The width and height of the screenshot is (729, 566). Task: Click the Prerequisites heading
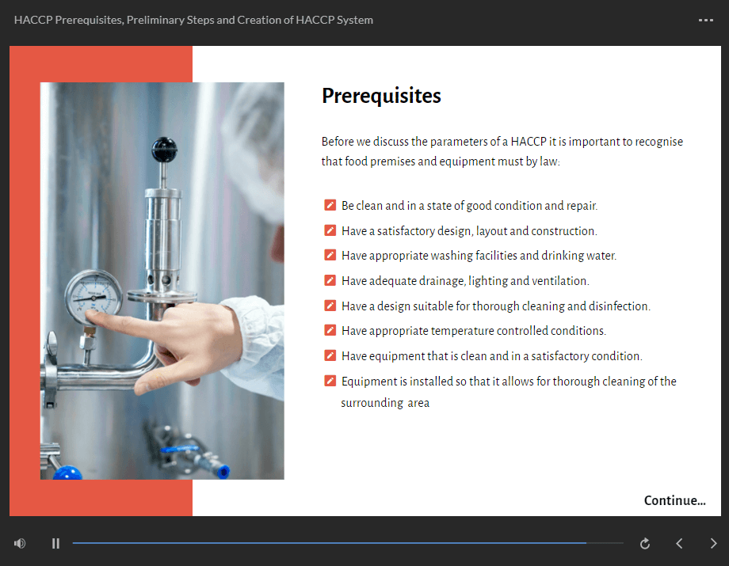click(x=381, y=96)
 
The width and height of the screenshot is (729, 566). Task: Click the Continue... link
click(x=674, y=500)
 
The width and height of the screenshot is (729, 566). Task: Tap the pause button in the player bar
click(x=55, y=543)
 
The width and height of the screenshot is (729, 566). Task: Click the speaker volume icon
click(x=20, y=543)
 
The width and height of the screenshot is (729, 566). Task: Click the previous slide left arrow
click(x=679, y=543)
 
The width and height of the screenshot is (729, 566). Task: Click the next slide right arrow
click(x=713, y=543)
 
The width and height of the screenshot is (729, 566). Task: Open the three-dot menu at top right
click(x=705, y=20)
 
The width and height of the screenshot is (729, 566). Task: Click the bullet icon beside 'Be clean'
click(x=330, y=206)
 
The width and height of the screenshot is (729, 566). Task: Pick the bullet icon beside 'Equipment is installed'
click(x=330, y=382)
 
